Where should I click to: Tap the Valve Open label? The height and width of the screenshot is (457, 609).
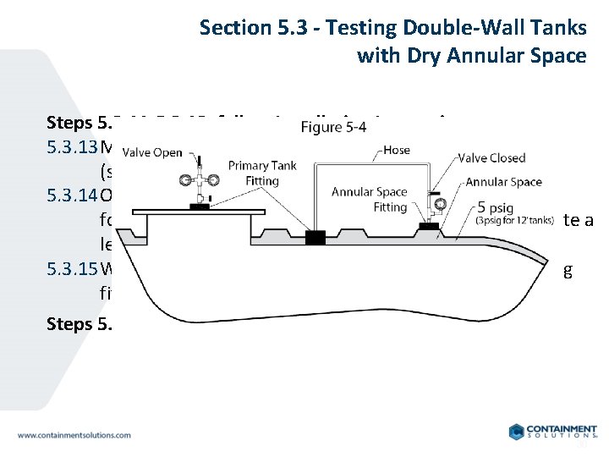point(152,153)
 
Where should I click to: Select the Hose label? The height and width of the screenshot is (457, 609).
point(398,149)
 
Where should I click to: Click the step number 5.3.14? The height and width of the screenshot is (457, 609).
point(72,196)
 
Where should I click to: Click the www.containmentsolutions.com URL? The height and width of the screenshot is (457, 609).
point(74,435)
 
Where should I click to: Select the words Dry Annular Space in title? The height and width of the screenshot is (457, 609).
point(499,56)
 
